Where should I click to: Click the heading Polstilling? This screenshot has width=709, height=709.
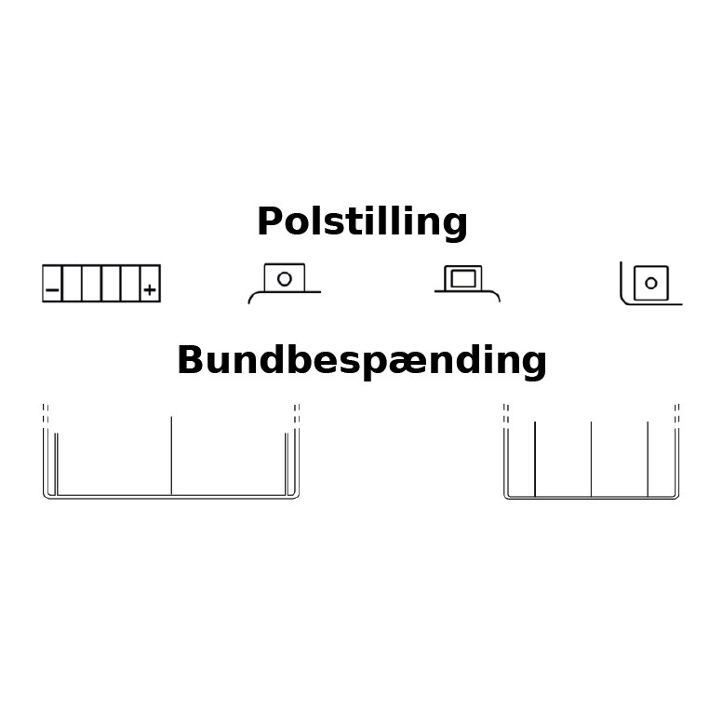(362, 222)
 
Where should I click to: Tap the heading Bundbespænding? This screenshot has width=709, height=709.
(361, 360)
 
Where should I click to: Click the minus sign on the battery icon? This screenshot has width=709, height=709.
(52, 290)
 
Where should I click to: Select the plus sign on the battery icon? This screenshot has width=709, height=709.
(150, 290)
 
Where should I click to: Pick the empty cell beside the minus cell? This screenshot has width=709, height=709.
(72, 284)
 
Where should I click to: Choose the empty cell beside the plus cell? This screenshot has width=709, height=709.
(129, 284)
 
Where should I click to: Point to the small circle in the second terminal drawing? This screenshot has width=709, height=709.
(285, 278)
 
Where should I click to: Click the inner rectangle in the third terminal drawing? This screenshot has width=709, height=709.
(463, 278)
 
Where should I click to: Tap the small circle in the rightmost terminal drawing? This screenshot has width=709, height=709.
(651, 283)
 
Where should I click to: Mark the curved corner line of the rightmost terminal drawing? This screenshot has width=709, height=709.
(623, 298)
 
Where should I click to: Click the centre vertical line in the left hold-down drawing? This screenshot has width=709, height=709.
(171, 455)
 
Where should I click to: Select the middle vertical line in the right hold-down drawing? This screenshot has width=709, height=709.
(591, 459)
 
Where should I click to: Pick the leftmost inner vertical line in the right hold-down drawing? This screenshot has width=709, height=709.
(535, 459)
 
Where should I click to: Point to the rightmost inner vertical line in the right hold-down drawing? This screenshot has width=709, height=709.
(648, 459)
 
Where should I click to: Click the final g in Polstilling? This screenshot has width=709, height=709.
(456, 226)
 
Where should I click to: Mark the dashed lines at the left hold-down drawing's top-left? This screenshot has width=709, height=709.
(46, 413)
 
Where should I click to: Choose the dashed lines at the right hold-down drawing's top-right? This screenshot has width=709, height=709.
(676, 413)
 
